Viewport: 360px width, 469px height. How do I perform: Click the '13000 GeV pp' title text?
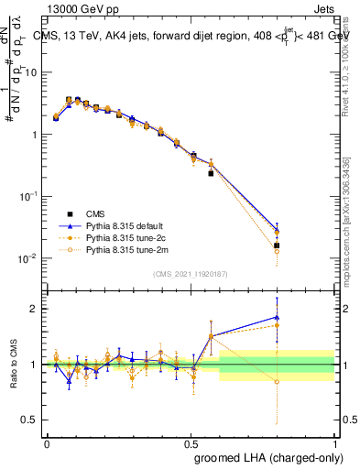(x=80, y=8)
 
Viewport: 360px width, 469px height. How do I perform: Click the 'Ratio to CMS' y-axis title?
(x=14, y=365)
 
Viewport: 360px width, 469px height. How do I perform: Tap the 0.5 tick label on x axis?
(x=191, y=442)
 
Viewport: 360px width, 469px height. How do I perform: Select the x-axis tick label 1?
(x=336, y=442)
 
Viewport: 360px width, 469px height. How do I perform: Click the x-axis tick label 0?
(x=47, y=442)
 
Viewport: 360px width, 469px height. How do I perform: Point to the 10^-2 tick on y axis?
(x=27, y=258)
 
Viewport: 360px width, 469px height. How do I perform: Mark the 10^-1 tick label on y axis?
(x=27, y=196)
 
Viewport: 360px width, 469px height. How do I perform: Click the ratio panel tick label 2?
(x=33, y=309)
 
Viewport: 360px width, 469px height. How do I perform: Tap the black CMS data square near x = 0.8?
(x=277, y=245)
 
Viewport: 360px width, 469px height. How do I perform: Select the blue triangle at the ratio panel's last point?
(x=277, y=317)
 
